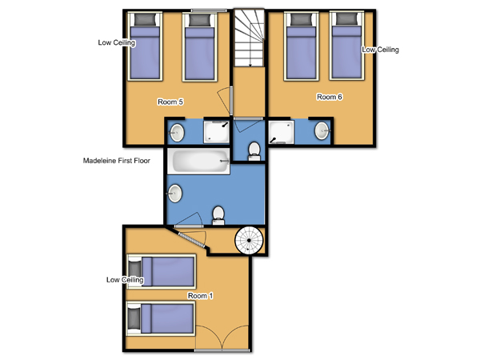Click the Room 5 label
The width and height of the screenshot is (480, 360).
170,102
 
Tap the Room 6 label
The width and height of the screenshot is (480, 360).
330,97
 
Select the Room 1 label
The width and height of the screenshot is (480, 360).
200,296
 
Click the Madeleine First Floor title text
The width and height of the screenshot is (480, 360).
116,161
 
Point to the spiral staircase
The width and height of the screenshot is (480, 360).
249,240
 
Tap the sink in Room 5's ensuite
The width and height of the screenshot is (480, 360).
177,133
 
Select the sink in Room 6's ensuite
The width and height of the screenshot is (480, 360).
322,130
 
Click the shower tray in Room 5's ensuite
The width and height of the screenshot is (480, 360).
217,132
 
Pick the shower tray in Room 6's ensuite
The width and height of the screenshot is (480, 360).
282,132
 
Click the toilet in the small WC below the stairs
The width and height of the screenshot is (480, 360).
254,151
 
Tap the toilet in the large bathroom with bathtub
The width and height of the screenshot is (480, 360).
218,215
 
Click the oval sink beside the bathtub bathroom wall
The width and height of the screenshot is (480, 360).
174,194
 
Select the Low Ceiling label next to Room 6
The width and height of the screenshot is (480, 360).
380,50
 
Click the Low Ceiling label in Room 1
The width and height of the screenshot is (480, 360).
125,280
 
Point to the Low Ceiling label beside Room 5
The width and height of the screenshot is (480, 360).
117,42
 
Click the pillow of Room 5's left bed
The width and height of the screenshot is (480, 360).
145,19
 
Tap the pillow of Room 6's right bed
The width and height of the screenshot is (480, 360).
346,19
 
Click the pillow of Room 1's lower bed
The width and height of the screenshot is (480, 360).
134,319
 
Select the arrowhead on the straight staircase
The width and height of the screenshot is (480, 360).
250,65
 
